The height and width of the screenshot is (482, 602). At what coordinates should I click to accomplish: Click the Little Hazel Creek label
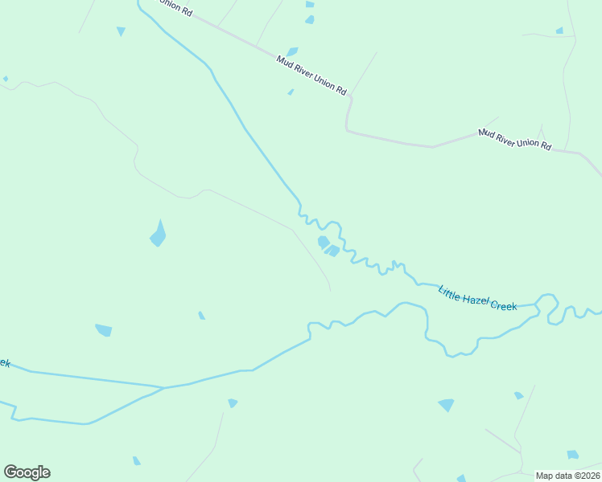[477, 297]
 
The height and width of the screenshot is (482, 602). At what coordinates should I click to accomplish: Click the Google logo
[27, 472]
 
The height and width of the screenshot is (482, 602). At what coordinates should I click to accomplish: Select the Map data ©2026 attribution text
[567, 476]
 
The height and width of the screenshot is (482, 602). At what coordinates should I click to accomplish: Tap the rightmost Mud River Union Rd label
[514, 139]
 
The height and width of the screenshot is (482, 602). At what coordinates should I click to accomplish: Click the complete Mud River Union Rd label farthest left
[311, 74]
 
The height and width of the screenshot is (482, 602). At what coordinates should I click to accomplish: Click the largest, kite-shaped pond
[159, 235]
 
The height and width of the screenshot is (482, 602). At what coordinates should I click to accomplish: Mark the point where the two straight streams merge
[164, 388]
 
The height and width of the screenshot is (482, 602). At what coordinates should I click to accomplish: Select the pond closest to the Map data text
[572, 455]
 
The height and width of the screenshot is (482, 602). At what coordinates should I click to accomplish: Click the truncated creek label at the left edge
[4, 363]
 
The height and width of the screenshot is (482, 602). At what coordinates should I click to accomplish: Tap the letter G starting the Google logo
[10, 472]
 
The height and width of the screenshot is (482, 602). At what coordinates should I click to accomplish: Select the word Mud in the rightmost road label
[485, 132]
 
